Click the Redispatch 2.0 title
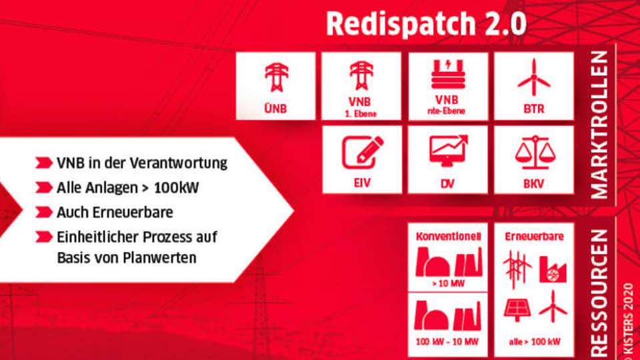[x=426, y=25]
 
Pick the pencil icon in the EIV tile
[x=362, y=151]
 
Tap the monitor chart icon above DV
[x=447, y=151]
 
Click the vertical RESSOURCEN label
[x=599, y=293]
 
